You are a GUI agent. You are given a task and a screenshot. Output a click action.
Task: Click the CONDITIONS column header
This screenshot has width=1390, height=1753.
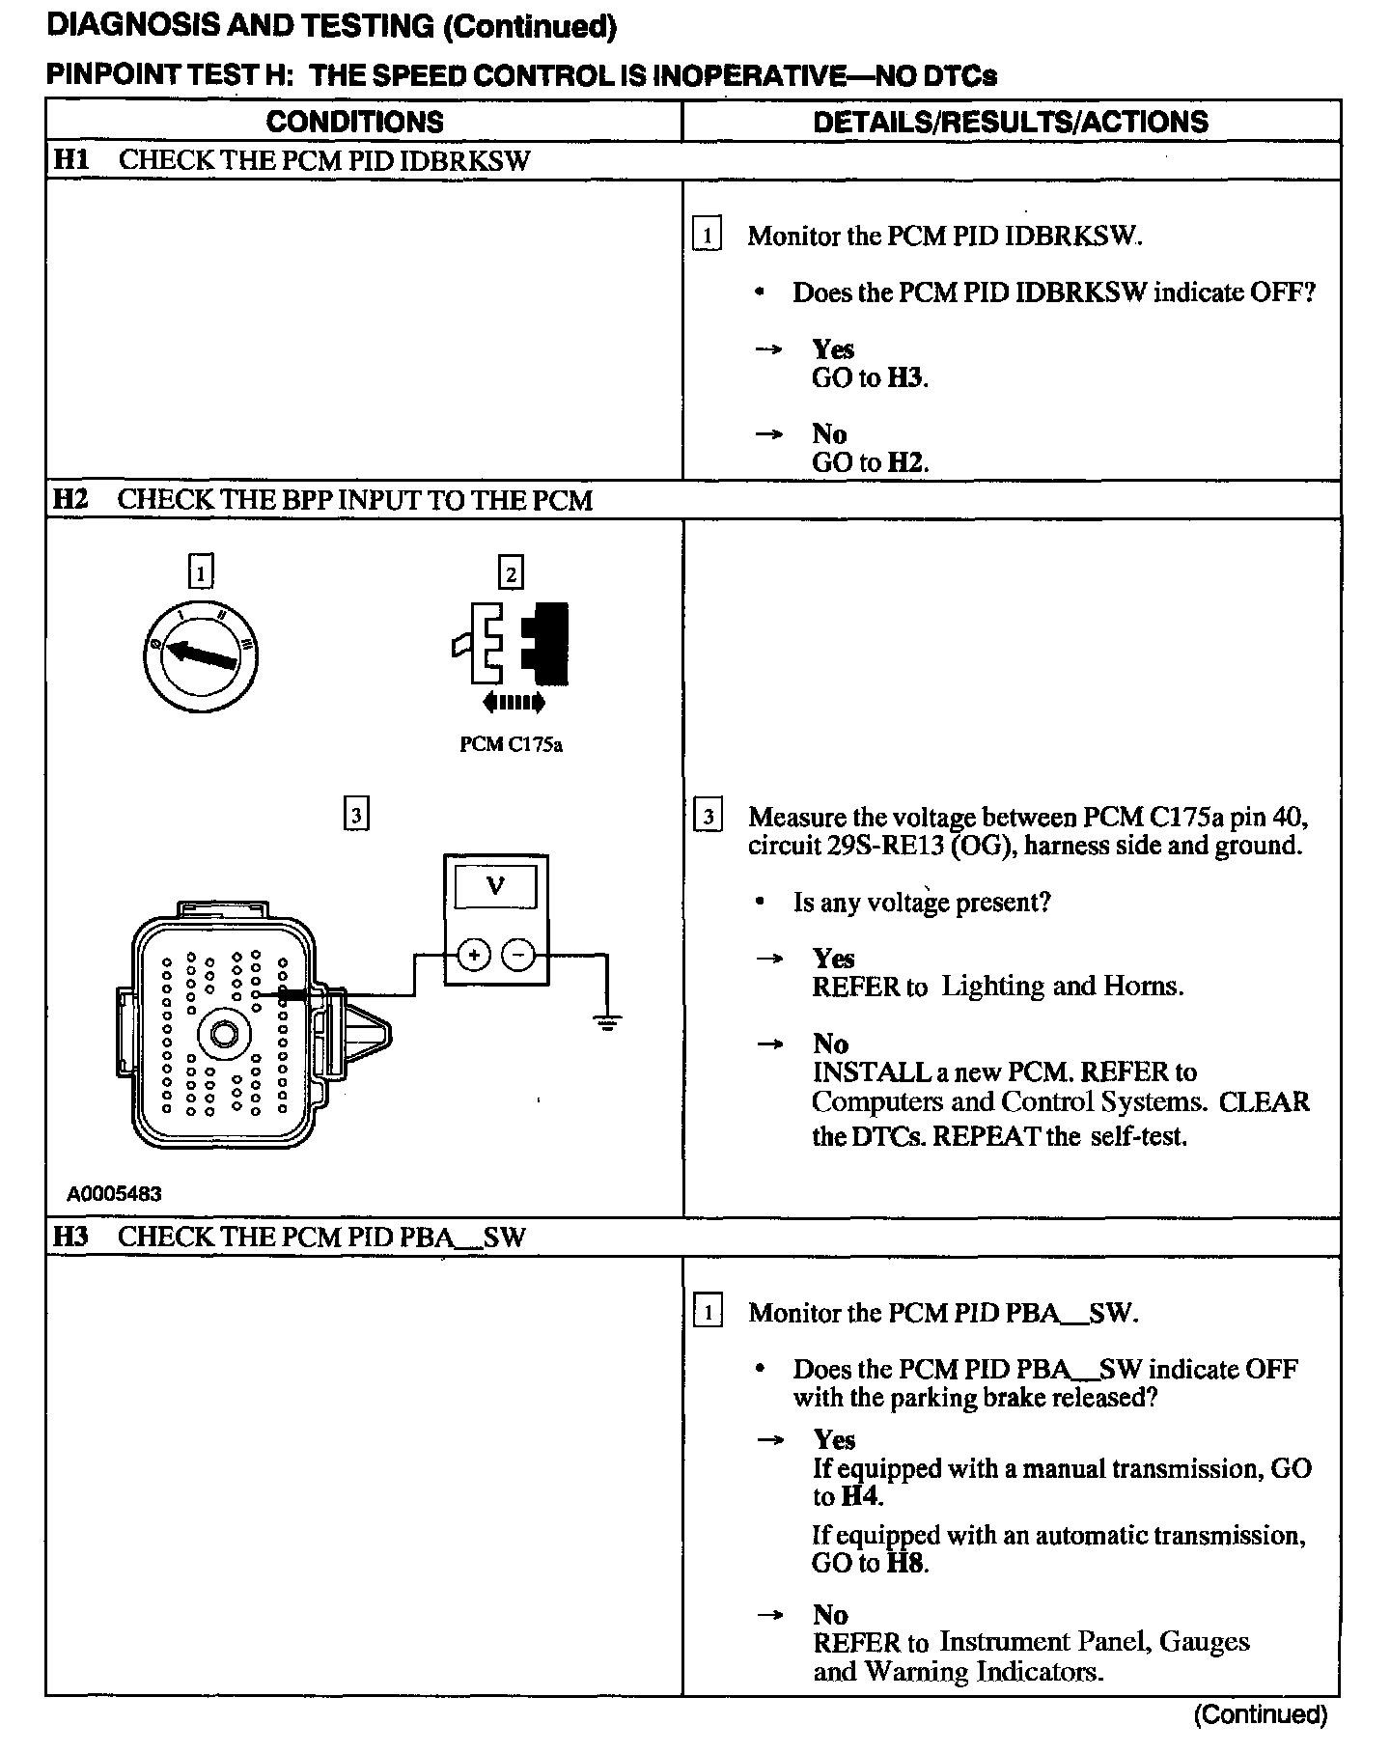[x=354, y=122]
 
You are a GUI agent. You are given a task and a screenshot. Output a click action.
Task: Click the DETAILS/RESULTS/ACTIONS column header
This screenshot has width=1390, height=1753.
[x=1011, y=122]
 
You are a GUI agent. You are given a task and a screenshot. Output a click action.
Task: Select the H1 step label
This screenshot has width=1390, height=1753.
[x=69, y=159]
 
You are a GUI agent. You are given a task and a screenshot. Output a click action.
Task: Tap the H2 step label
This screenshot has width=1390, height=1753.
[x=69, y=499]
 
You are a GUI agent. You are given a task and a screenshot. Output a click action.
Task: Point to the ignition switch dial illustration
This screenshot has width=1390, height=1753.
[x=201, y=655]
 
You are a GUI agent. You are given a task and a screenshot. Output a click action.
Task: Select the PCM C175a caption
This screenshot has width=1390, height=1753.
[x=511, y=745]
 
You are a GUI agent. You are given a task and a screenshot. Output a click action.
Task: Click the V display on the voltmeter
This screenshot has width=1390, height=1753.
[x=495, y=885]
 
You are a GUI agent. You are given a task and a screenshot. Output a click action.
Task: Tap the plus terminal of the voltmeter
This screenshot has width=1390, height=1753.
[x=474, y=956]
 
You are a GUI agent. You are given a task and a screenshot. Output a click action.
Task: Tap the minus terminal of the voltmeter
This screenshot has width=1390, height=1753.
[x=518, y=956]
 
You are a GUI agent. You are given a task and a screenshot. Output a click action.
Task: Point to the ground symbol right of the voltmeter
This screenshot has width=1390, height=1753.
[x=607, y=1021]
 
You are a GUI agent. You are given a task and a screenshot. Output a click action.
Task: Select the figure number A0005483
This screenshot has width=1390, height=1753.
[x=114, y=1194]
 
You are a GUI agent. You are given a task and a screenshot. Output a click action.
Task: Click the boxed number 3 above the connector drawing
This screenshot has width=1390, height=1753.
[x=356, y=816]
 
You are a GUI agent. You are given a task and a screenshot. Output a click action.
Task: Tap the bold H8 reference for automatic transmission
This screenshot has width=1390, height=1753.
[x=905, y=1563]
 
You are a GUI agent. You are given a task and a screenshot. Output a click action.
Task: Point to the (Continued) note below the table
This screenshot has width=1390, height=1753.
[x=1261, y=1714]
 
